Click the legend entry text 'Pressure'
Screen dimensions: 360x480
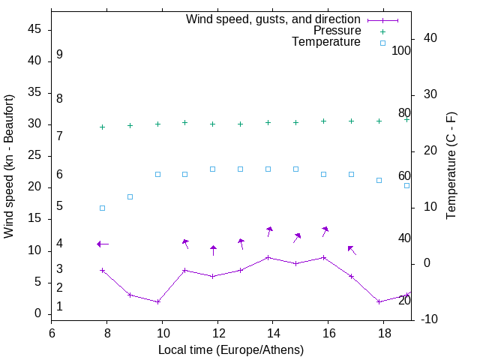click(x=337, y=31)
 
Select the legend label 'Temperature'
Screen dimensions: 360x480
click(x=326, y=43)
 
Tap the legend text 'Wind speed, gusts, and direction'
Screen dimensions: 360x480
click(x=273, y=19)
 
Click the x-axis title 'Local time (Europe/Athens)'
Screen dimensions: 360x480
click(x=231, y=350)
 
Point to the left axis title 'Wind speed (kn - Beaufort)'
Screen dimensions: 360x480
click(x=9, y=166)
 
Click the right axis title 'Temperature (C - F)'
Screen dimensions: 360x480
click(x=451, y=166)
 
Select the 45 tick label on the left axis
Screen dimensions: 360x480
click(x=34, y=30)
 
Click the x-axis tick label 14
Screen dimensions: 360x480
click(x=273, y=332)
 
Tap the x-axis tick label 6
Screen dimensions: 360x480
click(x=52, y=332)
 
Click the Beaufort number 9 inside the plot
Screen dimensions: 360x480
click(x=59, y=55)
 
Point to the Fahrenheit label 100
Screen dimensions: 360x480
click(x=402, y=51)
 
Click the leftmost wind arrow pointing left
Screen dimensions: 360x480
click(x=103, y=244)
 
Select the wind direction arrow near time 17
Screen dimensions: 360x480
click(x=351, y=250)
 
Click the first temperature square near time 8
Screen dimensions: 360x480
click(x=102, y=208)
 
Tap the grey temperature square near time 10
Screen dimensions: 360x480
click(x=157, y=174)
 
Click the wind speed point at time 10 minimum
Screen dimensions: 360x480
click(x=157, y=301)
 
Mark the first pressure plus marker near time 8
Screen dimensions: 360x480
click(x=102, y=127)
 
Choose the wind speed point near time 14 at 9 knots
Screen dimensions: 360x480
click(x=268, y=257)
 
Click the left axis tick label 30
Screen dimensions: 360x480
click(x=34, y=124)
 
